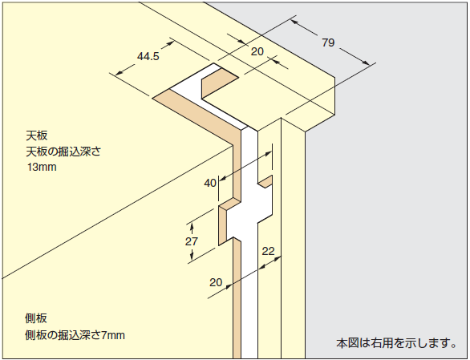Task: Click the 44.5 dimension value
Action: [148, 56]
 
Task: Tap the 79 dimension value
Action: [328, 42]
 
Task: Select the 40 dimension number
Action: [210, 183]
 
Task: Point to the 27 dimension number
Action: [191, 241]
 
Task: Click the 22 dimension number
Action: [268, 251]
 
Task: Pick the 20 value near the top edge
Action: [257, 51]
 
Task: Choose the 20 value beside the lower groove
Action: [216, 282]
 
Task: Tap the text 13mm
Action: [42, 167]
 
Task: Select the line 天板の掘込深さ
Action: [63, 152]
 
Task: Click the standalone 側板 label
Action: [36, 318]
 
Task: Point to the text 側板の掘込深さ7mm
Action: [75, 335]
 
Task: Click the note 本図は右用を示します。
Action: [396, 343]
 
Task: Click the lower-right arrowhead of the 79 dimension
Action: [367, 63]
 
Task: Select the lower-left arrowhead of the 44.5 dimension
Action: [120, 72]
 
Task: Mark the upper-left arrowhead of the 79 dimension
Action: [294, 22]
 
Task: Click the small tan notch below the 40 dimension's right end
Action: [265, 182]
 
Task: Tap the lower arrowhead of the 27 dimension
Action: [192, 256]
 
